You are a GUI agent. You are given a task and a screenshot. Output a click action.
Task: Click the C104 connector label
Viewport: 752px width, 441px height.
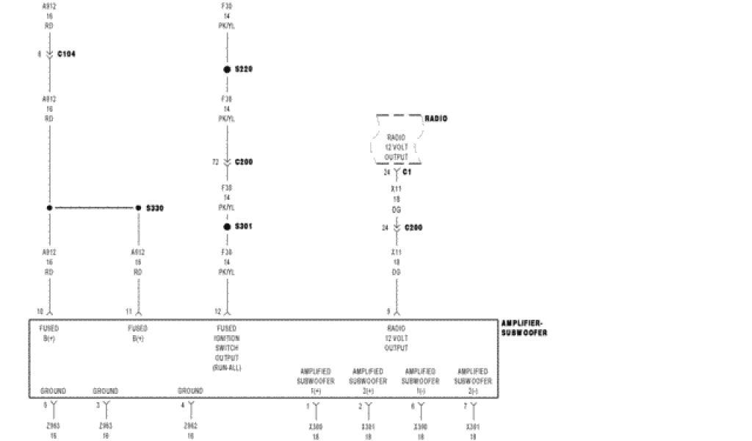tap(66, 54)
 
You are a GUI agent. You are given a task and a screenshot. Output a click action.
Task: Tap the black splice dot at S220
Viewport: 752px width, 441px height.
tap(228, 69)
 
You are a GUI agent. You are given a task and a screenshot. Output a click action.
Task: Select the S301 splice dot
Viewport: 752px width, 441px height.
tap(228, 226)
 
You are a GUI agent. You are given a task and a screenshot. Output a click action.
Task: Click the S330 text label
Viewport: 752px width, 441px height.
tap(154, 208)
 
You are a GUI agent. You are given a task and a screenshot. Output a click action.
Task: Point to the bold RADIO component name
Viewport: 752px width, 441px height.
tap(435, 118)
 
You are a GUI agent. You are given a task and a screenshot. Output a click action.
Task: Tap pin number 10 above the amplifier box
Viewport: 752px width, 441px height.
tap(40, 311)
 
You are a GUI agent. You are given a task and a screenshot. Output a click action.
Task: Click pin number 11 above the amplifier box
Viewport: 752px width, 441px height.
tap(129, 311)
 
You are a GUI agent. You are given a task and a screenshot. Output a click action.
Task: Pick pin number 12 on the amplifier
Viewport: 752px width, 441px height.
tap(218, 311)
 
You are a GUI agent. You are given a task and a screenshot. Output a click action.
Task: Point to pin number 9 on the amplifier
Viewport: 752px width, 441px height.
tap(388, 311)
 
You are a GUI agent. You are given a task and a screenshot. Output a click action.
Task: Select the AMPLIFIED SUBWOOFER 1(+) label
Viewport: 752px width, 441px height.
tap(316, 381)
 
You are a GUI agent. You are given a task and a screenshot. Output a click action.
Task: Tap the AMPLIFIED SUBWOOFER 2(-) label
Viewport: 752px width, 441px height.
tap(471, 381)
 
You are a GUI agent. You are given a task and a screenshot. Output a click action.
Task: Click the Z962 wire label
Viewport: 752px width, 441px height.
tap(191, 425)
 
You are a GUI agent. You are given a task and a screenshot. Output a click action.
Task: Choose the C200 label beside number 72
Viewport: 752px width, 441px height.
tap(244, 162)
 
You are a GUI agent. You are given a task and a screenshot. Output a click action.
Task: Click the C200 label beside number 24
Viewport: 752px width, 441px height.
tap(413, 228)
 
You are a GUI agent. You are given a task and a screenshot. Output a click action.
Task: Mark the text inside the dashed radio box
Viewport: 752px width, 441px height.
tap(397, 147)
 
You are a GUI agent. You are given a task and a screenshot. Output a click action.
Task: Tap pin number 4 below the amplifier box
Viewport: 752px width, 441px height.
tap(182, 405)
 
